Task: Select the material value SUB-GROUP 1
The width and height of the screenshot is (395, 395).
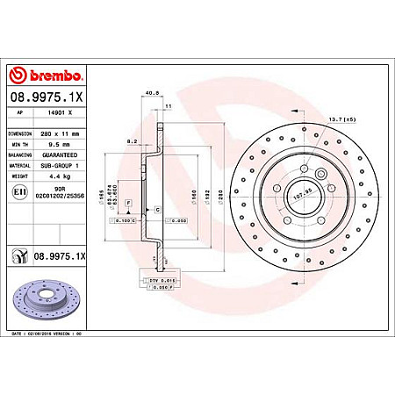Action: (x=62, y=164)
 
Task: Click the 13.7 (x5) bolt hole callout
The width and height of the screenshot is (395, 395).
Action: (x=362, y=118)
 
